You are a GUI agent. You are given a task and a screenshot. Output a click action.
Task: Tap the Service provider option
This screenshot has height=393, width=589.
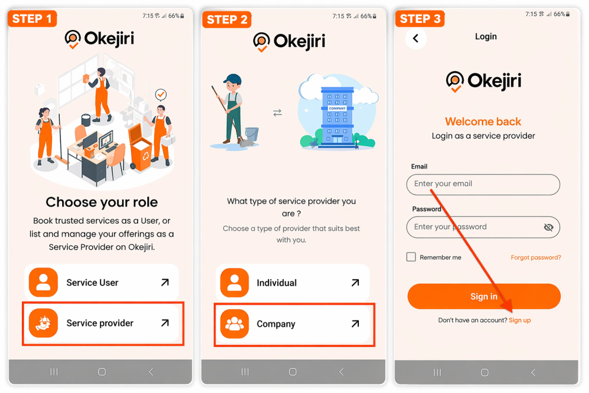point(101,323)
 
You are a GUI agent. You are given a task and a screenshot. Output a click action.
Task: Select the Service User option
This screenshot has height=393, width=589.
point(101,282)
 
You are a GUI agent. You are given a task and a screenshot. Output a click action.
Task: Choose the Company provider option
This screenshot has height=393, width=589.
point(292,324)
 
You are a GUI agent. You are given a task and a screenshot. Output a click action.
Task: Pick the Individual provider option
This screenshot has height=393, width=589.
point(292,283)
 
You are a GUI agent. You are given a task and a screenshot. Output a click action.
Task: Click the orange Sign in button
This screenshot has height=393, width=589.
point(484,296)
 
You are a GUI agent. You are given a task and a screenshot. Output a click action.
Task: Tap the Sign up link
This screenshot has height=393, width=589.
point(519,320)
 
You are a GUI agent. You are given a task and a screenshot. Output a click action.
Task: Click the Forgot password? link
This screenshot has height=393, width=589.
point(536,257)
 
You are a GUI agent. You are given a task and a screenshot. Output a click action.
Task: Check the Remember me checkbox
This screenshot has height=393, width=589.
point(411,257)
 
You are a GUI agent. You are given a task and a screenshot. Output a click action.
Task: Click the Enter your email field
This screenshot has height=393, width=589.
point(483,184)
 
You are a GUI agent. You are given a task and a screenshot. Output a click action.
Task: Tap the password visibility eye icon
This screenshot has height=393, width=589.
point(548,227)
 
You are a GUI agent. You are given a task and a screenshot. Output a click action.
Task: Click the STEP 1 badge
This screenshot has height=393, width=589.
point(32,18)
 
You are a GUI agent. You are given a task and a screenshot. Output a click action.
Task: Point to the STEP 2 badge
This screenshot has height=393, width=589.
point(227,19)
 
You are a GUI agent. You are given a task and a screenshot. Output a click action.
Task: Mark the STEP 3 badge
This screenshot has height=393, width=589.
point(420,18)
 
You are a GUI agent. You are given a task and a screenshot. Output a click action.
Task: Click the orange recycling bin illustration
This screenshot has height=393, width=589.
point(140,148)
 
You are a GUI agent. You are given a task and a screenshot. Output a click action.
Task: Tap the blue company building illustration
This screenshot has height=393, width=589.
point(337,117)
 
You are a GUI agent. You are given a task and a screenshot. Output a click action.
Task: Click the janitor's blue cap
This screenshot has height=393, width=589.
point(233,79)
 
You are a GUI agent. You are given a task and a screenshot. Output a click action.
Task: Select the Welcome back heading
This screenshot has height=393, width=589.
point(483,121)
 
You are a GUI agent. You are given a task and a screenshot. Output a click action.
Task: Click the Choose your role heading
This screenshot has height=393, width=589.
point(102,202)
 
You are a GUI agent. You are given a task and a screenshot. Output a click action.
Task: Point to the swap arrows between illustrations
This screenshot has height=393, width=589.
point(277,113)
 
